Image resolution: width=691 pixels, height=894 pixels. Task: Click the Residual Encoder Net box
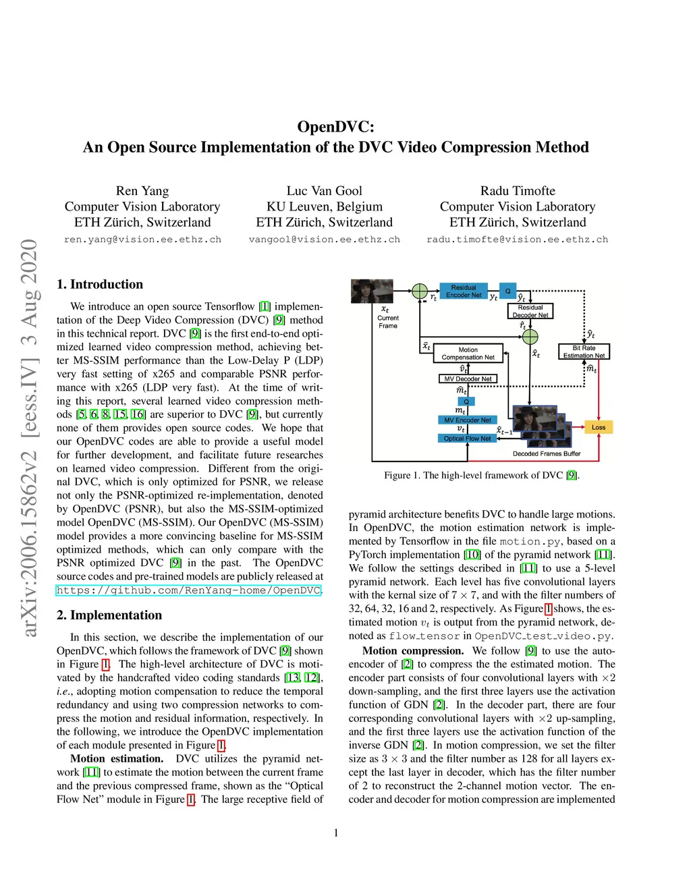(464, 291)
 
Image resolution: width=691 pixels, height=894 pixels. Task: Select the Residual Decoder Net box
(530, 311)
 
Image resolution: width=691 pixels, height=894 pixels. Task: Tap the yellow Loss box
(599, 427)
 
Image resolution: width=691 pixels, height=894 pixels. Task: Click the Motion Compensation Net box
(468, 354)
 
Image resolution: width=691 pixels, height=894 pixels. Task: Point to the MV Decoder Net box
(468, 379)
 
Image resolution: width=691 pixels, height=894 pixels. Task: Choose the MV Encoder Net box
(468, 420)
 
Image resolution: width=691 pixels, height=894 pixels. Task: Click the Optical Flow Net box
(467, 439)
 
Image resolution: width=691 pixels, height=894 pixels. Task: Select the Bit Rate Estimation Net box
(584, 352)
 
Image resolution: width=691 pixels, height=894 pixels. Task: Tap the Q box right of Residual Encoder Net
(508, 291)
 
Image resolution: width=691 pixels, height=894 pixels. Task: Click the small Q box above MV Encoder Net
(466, 401)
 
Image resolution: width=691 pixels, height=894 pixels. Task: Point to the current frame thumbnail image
(372, 291)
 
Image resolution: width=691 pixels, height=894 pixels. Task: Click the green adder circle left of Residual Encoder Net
(420, 291)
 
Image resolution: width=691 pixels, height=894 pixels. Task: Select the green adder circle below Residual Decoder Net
(530, 337)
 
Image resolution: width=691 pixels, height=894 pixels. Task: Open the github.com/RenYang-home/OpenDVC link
(188, 590)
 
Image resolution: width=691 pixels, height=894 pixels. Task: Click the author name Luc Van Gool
(324, 191)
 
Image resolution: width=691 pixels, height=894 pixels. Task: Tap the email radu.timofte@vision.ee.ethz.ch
(517, 240)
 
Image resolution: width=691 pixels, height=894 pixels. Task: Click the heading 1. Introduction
(100, 284)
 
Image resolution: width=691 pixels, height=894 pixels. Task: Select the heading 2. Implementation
(109, 615)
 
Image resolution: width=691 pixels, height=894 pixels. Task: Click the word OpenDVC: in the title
(335, 127)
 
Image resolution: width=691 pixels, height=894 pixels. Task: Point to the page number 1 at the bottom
(336, 833)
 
